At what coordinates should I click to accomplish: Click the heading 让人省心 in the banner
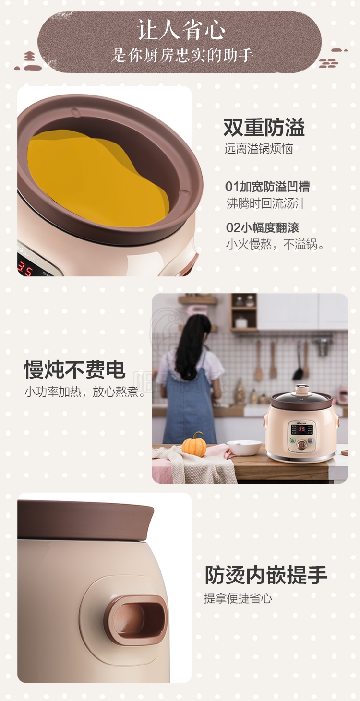tap(181, 30)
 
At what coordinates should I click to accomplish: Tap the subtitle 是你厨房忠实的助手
tap(182, 55)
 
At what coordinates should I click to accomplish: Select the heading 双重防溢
tap(264, 128)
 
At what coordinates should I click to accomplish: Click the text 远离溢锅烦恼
tap(259, 149)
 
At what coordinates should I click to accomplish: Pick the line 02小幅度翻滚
tap(263, 227)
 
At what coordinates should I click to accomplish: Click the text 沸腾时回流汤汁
tap(266, 203)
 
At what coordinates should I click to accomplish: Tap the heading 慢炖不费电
tap(75, 369)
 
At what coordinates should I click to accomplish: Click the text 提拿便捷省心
tap(238, 598)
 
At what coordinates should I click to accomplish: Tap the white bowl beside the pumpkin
tap(244, 448)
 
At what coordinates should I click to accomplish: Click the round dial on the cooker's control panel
tap(302, 445)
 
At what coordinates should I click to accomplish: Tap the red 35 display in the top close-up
tap(25, 269)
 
